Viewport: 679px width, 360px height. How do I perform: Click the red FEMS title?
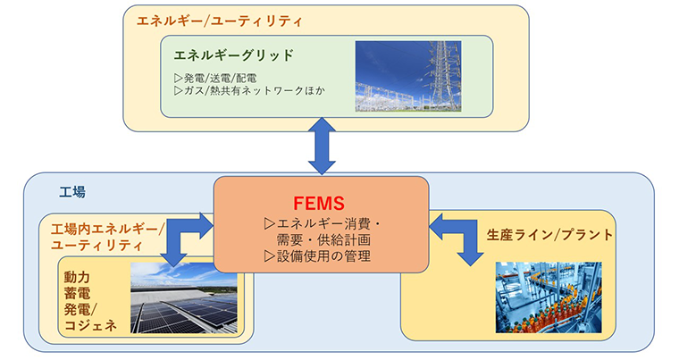click(x=319, y=203)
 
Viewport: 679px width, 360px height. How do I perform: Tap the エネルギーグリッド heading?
click(x=234, y=55)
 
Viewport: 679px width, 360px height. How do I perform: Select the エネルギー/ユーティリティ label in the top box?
click(x=220, y=21)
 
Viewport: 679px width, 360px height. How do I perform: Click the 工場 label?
click(x=72, y=192)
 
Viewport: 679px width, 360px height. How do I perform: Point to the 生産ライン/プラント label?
click(x=550, y=235)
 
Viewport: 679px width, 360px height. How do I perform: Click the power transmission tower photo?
click(x=408, y=76)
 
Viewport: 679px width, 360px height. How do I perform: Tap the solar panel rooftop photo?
click(x=184, y=298)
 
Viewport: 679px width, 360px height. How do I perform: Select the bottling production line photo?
click(x=549, y=297)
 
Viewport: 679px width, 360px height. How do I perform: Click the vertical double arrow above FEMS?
click(x=322, y=146)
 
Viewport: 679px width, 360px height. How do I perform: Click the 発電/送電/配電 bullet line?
click(x=215, y=79)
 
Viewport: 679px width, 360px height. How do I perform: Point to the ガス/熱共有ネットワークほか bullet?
click(x=249, y=91)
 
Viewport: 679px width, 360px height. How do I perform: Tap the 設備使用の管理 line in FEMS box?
click(x=317, y=256)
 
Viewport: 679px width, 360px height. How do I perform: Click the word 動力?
click(x=77, y=277)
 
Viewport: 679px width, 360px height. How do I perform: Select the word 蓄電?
click(x=77, y=293)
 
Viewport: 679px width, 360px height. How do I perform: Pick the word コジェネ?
click(x=90, y=325)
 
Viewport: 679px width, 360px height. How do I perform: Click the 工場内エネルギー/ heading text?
click(x=108, y=229)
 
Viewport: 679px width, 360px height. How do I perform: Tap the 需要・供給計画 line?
click(x=323, y=240)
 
